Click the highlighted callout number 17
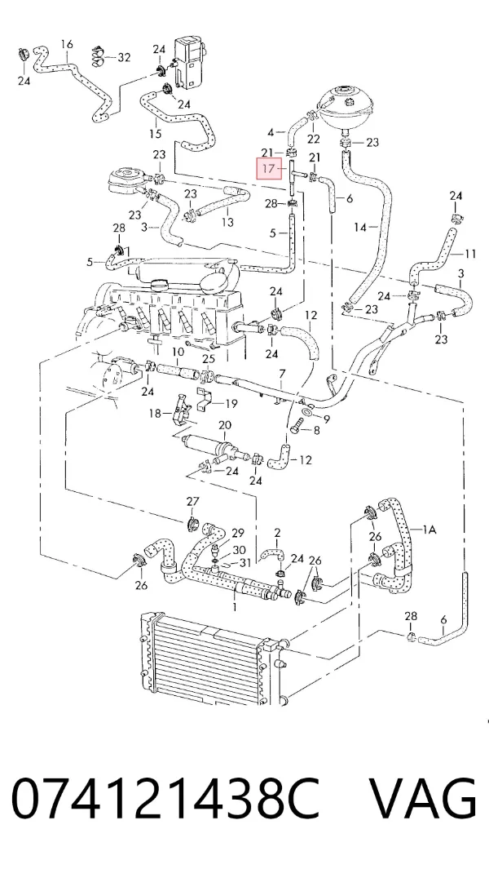click(269, 168)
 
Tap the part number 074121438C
click(165, 799)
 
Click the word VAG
click(422, 799)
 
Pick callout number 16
click(67, 44)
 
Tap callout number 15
click(155, 134)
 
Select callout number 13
click(227, 222)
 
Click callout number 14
click(360, 227)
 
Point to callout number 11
click(470, 255)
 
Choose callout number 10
click(178, 352)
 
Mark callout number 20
click(225, 425)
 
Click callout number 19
click(231, 403)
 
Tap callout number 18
click(155, 413)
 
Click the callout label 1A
click(430, 530)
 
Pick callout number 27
click(192, 502)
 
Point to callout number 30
click(239, 550)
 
